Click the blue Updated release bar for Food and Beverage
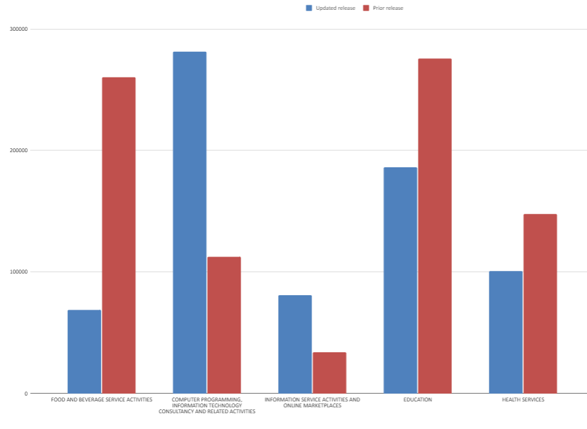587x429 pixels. tap(85, 352)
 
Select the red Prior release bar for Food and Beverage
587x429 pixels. tap(119, 235)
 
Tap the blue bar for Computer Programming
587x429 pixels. tap(190, 222)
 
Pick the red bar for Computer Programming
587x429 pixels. tap(224, 325)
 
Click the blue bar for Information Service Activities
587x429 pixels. tap(295, 344)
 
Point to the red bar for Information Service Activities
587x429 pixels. tap(329, 373)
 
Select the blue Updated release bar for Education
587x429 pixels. tap(400, 280)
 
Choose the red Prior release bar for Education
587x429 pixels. tap(435, 226)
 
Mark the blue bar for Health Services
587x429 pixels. tap(506, 332)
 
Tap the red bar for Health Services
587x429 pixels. tap(540, 304)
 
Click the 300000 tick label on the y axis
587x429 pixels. tap(19, 29)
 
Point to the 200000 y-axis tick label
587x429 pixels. tap(19, 150)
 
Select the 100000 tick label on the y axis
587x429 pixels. tap(19, 272)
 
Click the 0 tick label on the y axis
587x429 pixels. tap(26, 394)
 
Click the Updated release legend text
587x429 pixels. tap(335, 8)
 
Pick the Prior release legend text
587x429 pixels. tap(388, 8)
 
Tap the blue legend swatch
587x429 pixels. tap(309, 8)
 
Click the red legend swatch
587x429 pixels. tap(366, 8)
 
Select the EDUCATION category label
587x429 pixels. tap(418, 399)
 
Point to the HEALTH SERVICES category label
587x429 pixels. tap(523, 399)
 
